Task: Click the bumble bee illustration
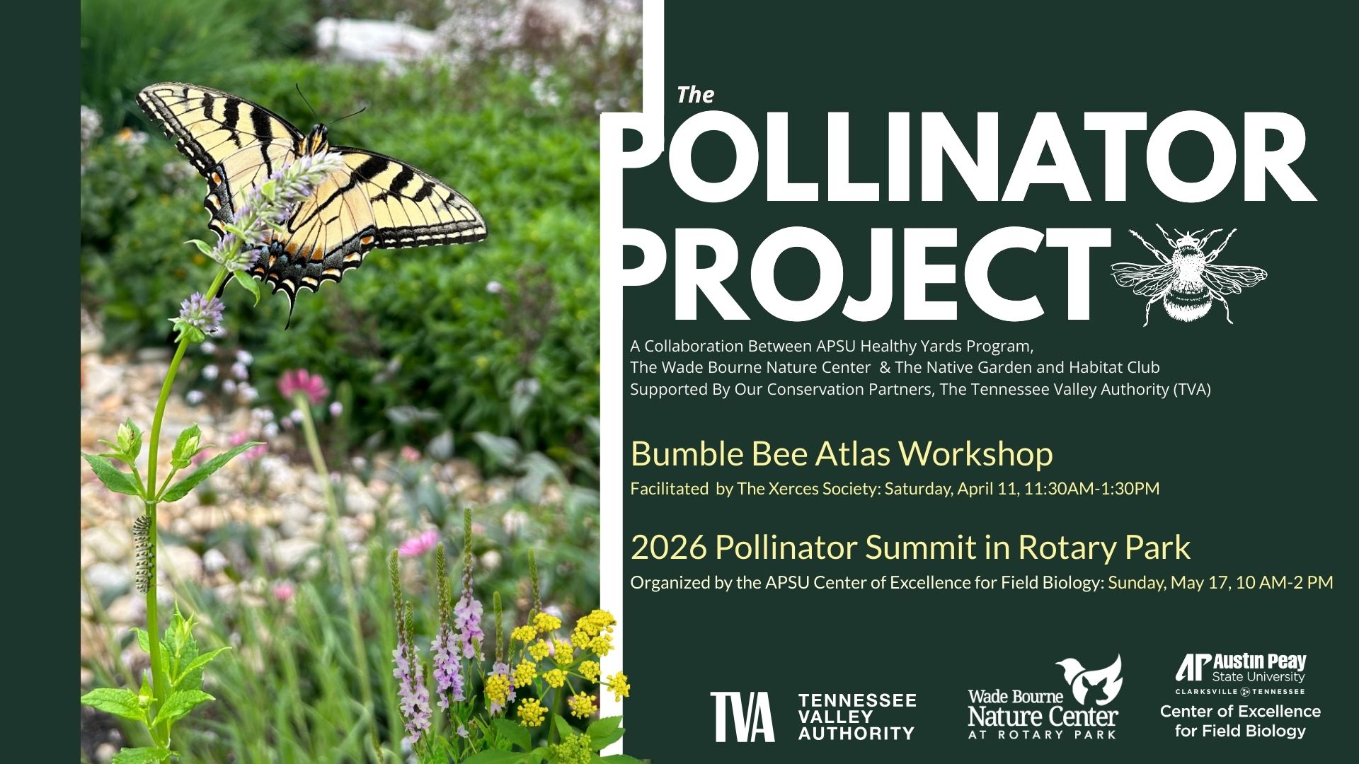click(x=1188, y=274)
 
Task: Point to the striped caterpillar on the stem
click(x=143, y=553)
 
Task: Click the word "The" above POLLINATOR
click(x=695, y=95)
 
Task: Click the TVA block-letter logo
click(x=742, y=717)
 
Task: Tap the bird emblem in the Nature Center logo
click(x=1090, y=679)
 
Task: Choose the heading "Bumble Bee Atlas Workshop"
click(x=842, y=453)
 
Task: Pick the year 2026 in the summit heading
click(x=668, y=548)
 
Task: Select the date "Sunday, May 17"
click(x=1169, y=583)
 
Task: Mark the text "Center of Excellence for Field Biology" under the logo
click(x=1240, y=721)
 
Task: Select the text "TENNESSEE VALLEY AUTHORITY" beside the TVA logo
click(x=857, y=717)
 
